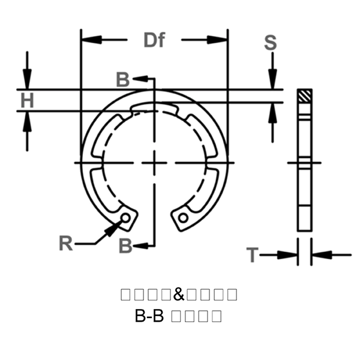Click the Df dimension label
pos(154,40)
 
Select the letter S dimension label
pos(271,43)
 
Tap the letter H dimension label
pos(26,100)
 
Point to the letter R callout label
pos(66,243)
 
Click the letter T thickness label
pos(252,255)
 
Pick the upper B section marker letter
pos(122,80)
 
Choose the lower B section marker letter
pos(125,245)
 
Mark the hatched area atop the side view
pos(305,95)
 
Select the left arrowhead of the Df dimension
pos(90,40)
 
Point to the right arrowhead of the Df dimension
pos(219,40)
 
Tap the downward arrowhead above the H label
pos(27,80)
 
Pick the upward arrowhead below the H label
pos(27,120)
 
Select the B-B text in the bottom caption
pos(149,316)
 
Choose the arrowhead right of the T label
pos(320,255)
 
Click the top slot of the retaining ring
pos(155,109)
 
